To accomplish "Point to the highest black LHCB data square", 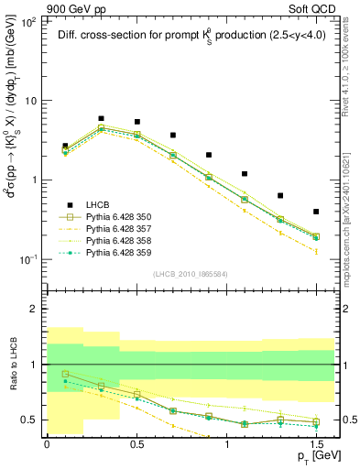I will click(101, 118).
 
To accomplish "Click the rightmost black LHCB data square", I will click(316, 212).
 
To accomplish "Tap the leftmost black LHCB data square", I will click(65, 146).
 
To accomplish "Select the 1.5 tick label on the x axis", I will click(316, 443).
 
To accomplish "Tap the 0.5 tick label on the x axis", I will click(136, 443).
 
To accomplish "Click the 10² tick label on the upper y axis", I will click(29, 22).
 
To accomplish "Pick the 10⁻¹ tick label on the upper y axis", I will click(29, 259).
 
